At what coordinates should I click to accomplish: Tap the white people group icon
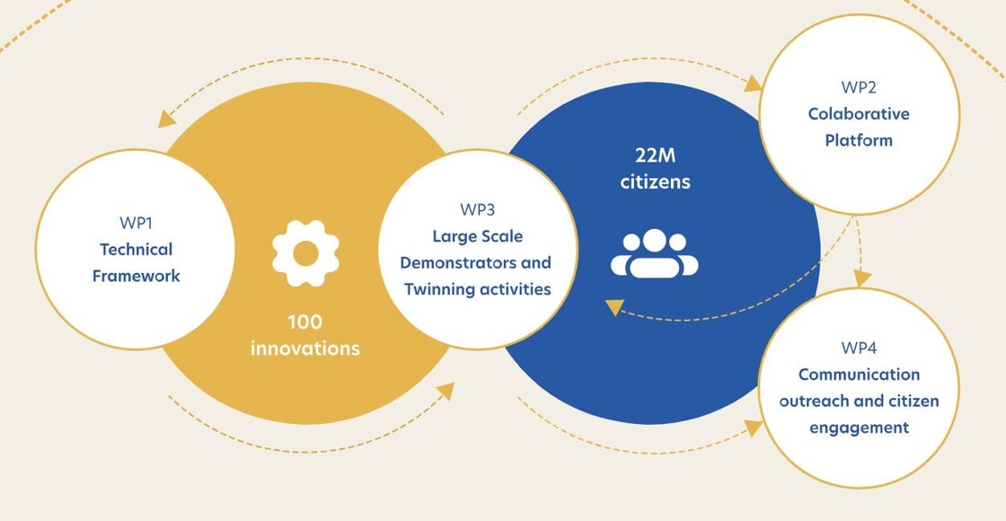click(655, 253)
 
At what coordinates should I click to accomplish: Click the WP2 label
click(858, 87)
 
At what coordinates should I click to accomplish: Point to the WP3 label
click(477, 210)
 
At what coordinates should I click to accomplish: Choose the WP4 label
click(859, 347)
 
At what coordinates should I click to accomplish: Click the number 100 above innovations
click(305, 321)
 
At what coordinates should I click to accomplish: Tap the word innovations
click(305, 348)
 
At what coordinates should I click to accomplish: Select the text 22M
click(655, 155)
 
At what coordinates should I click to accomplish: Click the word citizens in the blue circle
click(655, 181)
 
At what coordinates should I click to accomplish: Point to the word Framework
click(136, 276)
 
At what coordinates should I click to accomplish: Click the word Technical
click(136, 249)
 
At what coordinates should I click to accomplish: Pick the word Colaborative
click(858, 114)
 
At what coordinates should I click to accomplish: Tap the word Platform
click(858, 140)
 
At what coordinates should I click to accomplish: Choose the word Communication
click(859, 374)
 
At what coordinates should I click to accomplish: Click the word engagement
click(859, 428)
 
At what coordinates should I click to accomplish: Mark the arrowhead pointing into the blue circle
click(614, 307)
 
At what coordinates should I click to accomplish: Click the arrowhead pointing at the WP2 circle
click(753, 84)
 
